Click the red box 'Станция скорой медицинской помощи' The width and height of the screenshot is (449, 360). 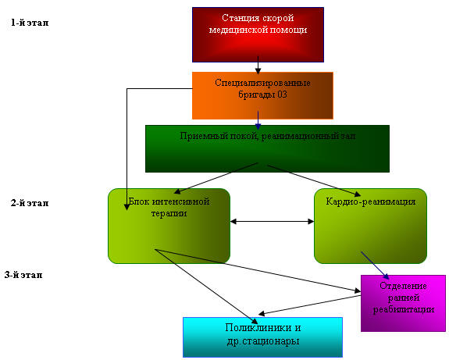click(x=258, y=34)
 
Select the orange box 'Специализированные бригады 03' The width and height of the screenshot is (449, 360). click(x=262, y=95)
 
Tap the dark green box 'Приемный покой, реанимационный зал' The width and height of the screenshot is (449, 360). click(x=268, y=148)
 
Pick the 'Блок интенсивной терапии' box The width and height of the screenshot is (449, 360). click(x=169, y=226)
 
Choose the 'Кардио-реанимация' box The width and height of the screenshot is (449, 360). click(x=371, y=226)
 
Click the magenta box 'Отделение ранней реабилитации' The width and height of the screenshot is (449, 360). click(x=403, y=303)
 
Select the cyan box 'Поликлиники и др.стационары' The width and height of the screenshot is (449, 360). click(x=263, y=337)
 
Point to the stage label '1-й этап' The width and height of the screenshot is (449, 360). click(x=30, y=23)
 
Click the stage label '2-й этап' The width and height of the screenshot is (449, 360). click(x=30, y=203)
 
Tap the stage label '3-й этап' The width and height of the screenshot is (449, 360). click(x=23, y=275)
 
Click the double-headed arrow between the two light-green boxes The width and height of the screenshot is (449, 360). click(x=272, y=221)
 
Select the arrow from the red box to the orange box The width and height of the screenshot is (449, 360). click(x=258, y=66)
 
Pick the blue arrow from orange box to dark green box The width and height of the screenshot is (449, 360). click(x=258, y=120)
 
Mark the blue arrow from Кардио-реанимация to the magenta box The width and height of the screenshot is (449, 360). click(x=375, y=266)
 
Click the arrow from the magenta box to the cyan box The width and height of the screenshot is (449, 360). click(x=309, y=305)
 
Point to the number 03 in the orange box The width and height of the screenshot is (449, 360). click(x=282, y=94)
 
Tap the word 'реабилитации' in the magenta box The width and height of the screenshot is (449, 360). click(x=404, y=309)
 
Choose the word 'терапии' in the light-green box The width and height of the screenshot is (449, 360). click(x=169, y=214)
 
